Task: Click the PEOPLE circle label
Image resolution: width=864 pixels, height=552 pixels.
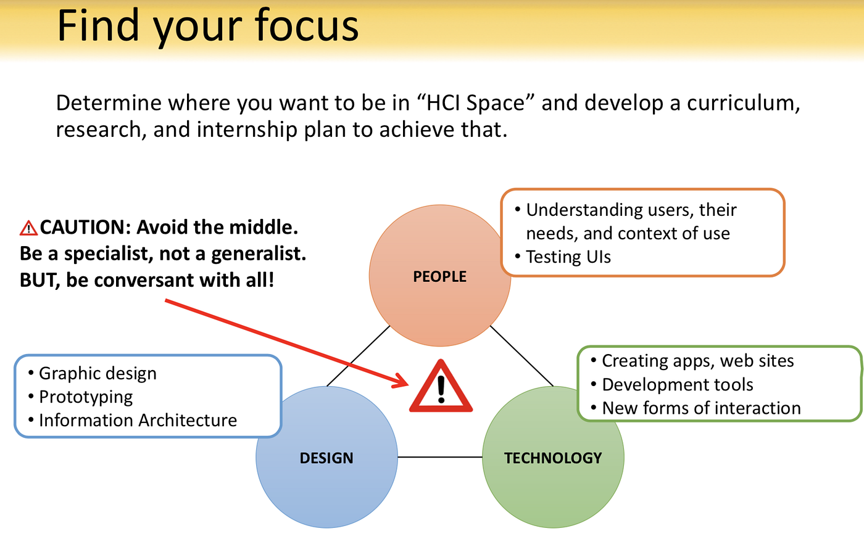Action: (x=439, y=276)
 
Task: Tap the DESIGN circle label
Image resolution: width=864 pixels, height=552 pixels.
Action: (x=326, y=458)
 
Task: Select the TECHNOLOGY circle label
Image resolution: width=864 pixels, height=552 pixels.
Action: (x=553, y=458)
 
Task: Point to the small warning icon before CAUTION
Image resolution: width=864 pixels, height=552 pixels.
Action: (x=28, y=228)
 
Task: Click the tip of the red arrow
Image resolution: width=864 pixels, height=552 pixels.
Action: (x=409, y=384)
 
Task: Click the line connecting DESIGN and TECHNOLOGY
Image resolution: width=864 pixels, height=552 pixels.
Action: (x=439, y=457)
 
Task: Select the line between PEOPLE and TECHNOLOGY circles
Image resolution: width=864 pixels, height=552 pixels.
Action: (x=521, y=356)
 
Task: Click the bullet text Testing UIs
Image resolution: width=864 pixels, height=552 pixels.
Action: (x=568, y=257)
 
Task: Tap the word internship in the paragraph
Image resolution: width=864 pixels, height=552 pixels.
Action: (x=247, y=129)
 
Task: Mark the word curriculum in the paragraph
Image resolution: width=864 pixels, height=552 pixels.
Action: (x=743, y=103)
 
